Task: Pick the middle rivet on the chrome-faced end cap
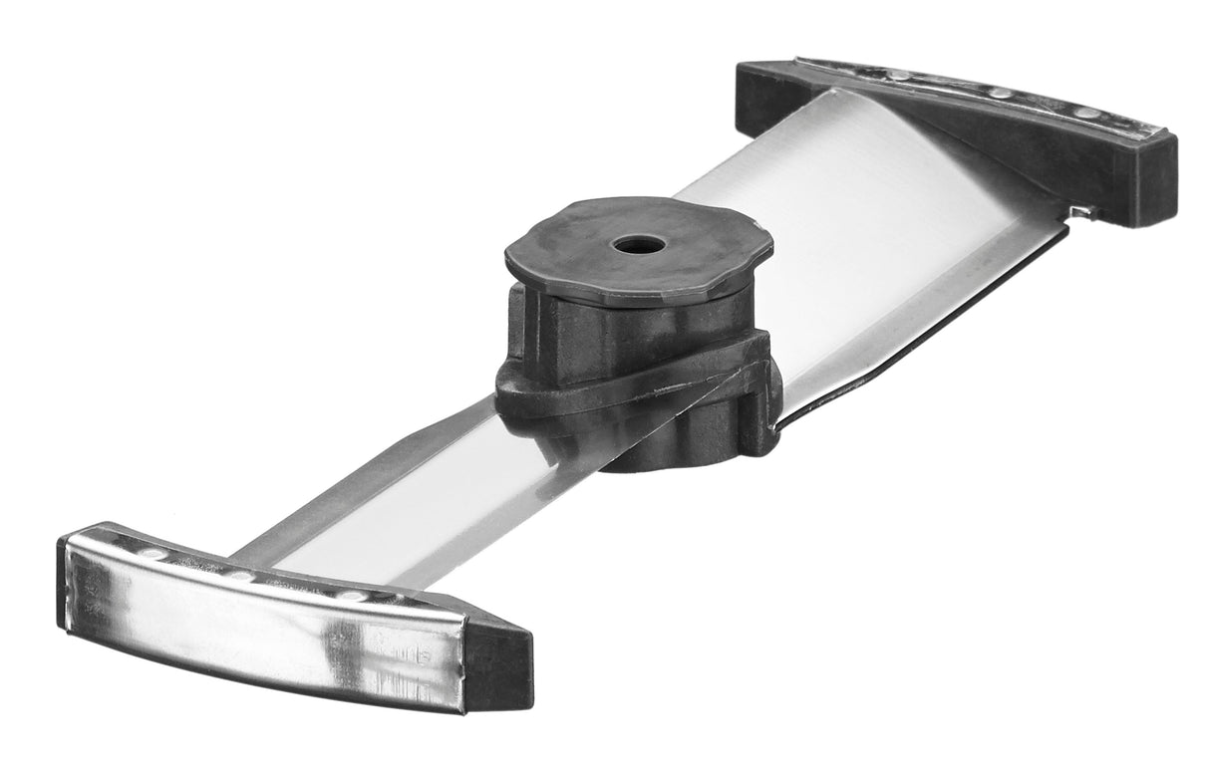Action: coord(239,575)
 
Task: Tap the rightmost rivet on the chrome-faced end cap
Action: coord(351,596)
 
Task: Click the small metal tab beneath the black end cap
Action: coord(1080,211)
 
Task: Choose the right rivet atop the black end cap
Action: coord(1085,113)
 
